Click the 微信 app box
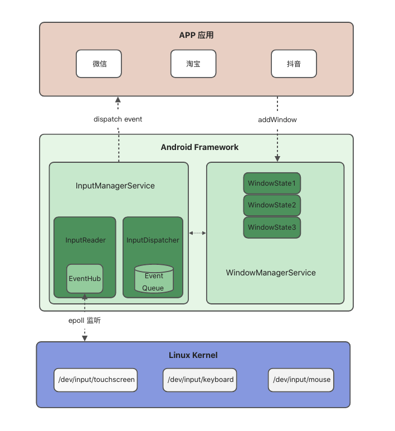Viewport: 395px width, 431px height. click(99, 64)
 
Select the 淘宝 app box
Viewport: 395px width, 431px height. click(193, 64)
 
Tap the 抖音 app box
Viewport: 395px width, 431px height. click(294, 64)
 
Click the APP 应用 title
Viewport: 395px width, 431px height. click(196, 35)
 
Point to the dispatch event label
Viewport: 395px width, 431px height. click(118, 119)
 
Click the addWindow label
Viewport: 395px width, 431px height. click(277, 119)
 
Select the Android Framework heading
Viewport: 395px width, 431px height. click(199, 147)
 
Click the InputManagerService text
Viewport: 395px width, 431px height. click(115, 186)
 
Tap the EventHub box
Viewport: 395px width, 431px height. click(85, 278)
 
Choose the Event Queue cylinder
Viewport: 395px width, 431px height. click(154, 280)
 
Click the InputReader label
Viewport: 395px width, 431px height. click(85, 240)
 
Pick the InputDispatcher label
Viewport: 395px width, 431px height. click(153, 240)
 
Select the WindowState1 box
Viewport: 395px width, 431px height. click(272, 183)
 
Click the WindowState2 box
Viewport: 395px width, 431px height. click(272, 205)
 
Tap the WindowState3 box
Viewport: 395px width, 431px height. click(272, 227)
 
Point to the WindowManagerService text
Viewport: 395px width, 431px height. click(271, 273)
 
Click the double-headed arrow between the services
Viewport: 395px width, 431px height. click(197, 233)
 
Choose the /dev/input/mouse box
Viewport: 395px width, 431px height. click(301, 380)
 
